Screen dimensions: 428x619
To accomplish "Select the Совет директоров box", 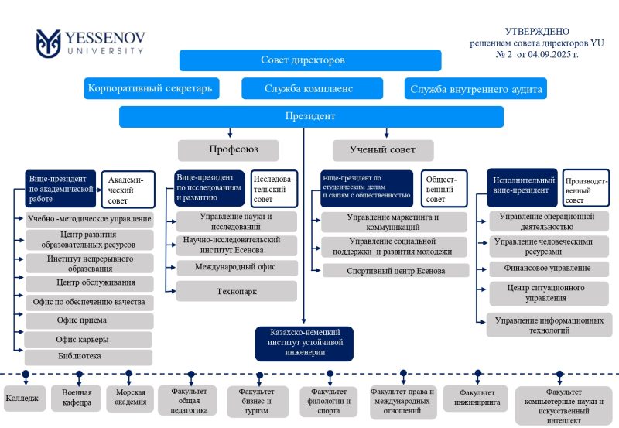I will click(x=310, y=60).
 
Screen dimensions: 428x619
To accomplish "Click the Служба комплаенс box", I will click(x=308, y=88).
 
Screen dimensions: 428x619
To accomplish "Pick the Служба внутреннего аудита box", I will click(x=475, y=89).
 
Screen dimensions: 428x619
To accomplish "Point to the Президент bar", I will click(x=311, y=117).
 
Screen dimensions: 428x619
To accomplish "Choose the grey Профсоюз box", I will click(x=228, y=149).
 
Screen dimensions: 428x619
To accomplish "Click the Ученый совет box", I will click(x=383, y=149).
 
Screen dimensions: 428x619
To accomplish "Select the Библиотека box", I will click(x=88, y=357).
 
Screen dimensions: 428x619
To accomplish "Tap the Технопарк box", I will click(x=236, y=291).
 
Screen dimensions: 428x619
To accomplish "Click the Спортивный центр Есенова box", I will click(x=395, y=271).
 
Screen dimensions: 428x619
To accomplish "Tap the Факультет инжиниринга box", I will click(x=475, y=398).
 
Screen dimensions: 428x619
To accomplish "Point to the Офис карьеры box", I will click(x=88, y=339).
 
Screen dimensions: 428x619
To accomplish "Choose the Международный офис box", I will click(x=236, y=268).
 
